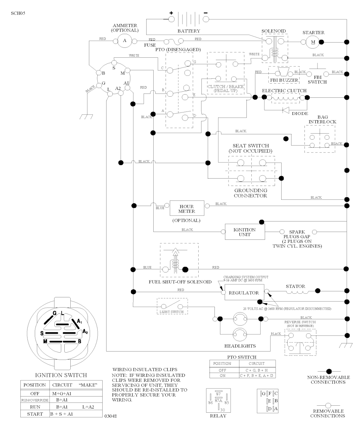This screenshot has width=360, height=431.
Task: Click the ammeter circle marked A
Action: (x=124, y=41)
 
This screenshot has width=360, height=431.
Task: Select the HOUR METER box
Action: (x=186, y=209)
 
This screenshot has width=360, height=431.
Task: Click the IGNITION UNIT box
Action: (x=244, y=232)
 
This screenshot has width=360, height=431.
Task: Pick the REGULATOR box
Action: (x=244, y=292)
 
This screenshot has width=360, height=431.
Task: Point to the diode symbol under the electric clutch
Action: (x=286, y=110)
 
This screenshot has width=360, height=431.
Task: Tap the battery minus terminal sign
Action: (x=206, y=13)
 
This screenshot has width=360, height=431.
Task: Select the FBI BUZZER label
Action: (x=284, y=81)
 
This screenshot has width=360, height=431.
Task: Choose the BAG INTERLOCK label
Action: (x=322, y=119)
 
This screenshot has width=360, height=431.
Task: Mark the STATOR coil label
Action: (x=295, y=286)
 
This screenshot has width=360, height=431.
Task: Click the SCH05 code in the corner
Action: (x=18, y=13)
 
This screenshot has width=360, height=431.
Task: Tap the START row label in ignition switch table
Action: (x=35, y=414)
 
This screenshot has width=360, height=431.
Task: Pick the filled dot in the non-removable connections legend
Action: (x=329, y=371)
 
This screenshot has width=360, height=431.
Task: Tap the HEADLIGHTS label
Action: (x=240, y=346)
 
